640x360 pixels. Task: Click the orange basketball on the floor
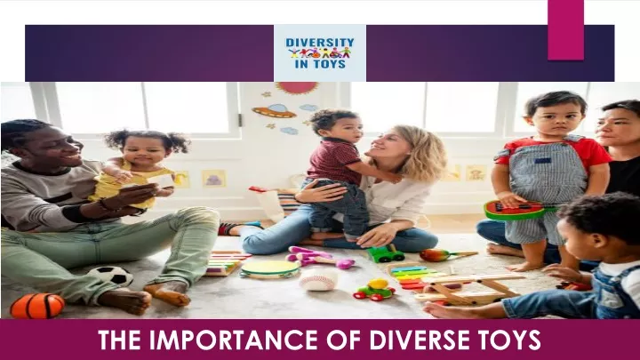tap(37, 306)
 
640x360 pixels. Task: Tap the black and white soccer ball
tap(111, 276)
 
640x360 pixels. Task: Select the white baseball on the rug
tap(318, 279)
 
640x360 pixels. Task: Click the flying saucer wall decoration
tap(275, 110)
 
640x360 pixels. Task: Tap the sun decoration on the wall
tap(297, 87)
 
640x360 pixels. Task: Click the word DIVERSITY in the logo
tap(320, 43)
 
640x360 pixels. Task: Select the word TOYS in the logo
tap(330, 64)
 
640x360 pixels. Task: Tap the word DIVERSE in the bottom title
tap(419, 340)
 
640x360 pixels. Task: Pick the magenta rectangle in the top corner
tap(565, 30)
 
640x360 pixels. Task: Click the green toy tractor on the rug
tap(386, 253)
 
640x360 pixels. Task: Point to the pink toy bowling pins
tap(319, 258)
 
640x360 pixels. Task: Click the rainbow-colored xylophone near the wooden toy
tap(412, 276)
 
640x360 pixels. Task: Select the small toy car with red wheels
tap(374, 290)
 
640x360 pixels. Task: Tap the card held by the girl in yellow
tap(160, 181)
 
